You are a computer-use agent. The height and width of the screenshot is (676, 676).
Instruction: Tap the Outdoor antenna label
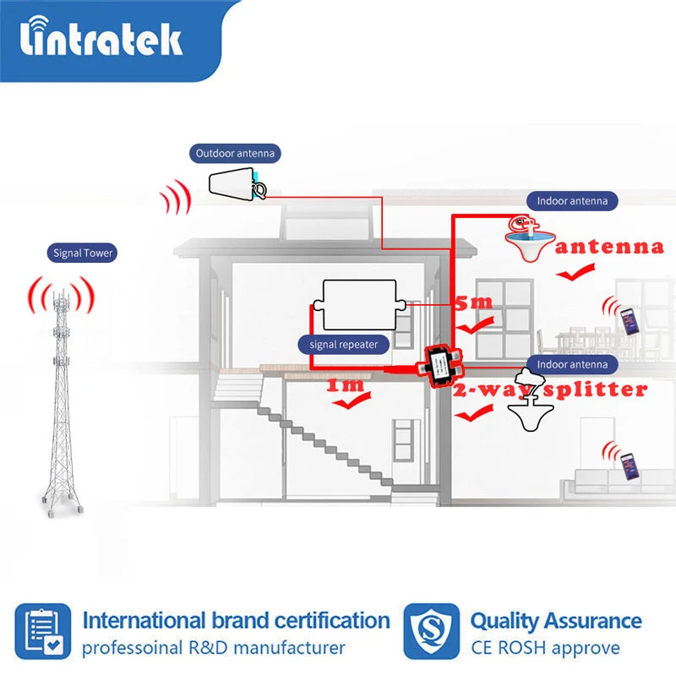pyautogui.click(x=235, y=154)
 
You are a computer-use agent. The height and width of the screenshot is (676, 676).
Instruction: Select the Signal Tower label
pyautogui.click(x=83, y=253)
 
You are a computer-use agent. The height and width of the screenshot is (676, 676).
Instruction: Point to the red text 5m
pyautogui.click(x=473, y=302)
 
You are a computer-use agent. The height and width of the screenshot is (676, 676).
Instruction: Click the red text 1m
pyautogui.click(x=346, y=386)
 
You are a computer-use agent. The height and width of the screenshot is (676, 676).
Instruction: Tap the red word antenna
pyautogui.click(x=609, y=248)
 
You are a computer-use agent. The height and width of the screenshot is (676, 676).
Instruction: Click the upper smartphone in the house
pyautogui.click(x=629, y=319)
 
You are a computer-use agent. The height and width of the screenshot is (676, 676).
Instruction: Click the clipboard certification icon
pyautogui.click(x=41, y=631)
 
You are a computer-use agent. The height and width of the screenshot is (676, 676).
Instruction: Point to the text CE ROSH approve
pyautogui.click(x=545, y=649)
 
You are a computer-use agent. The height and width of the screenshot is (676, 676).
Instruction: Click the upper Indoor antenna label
pyautogui.click(x=572, y=201)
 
